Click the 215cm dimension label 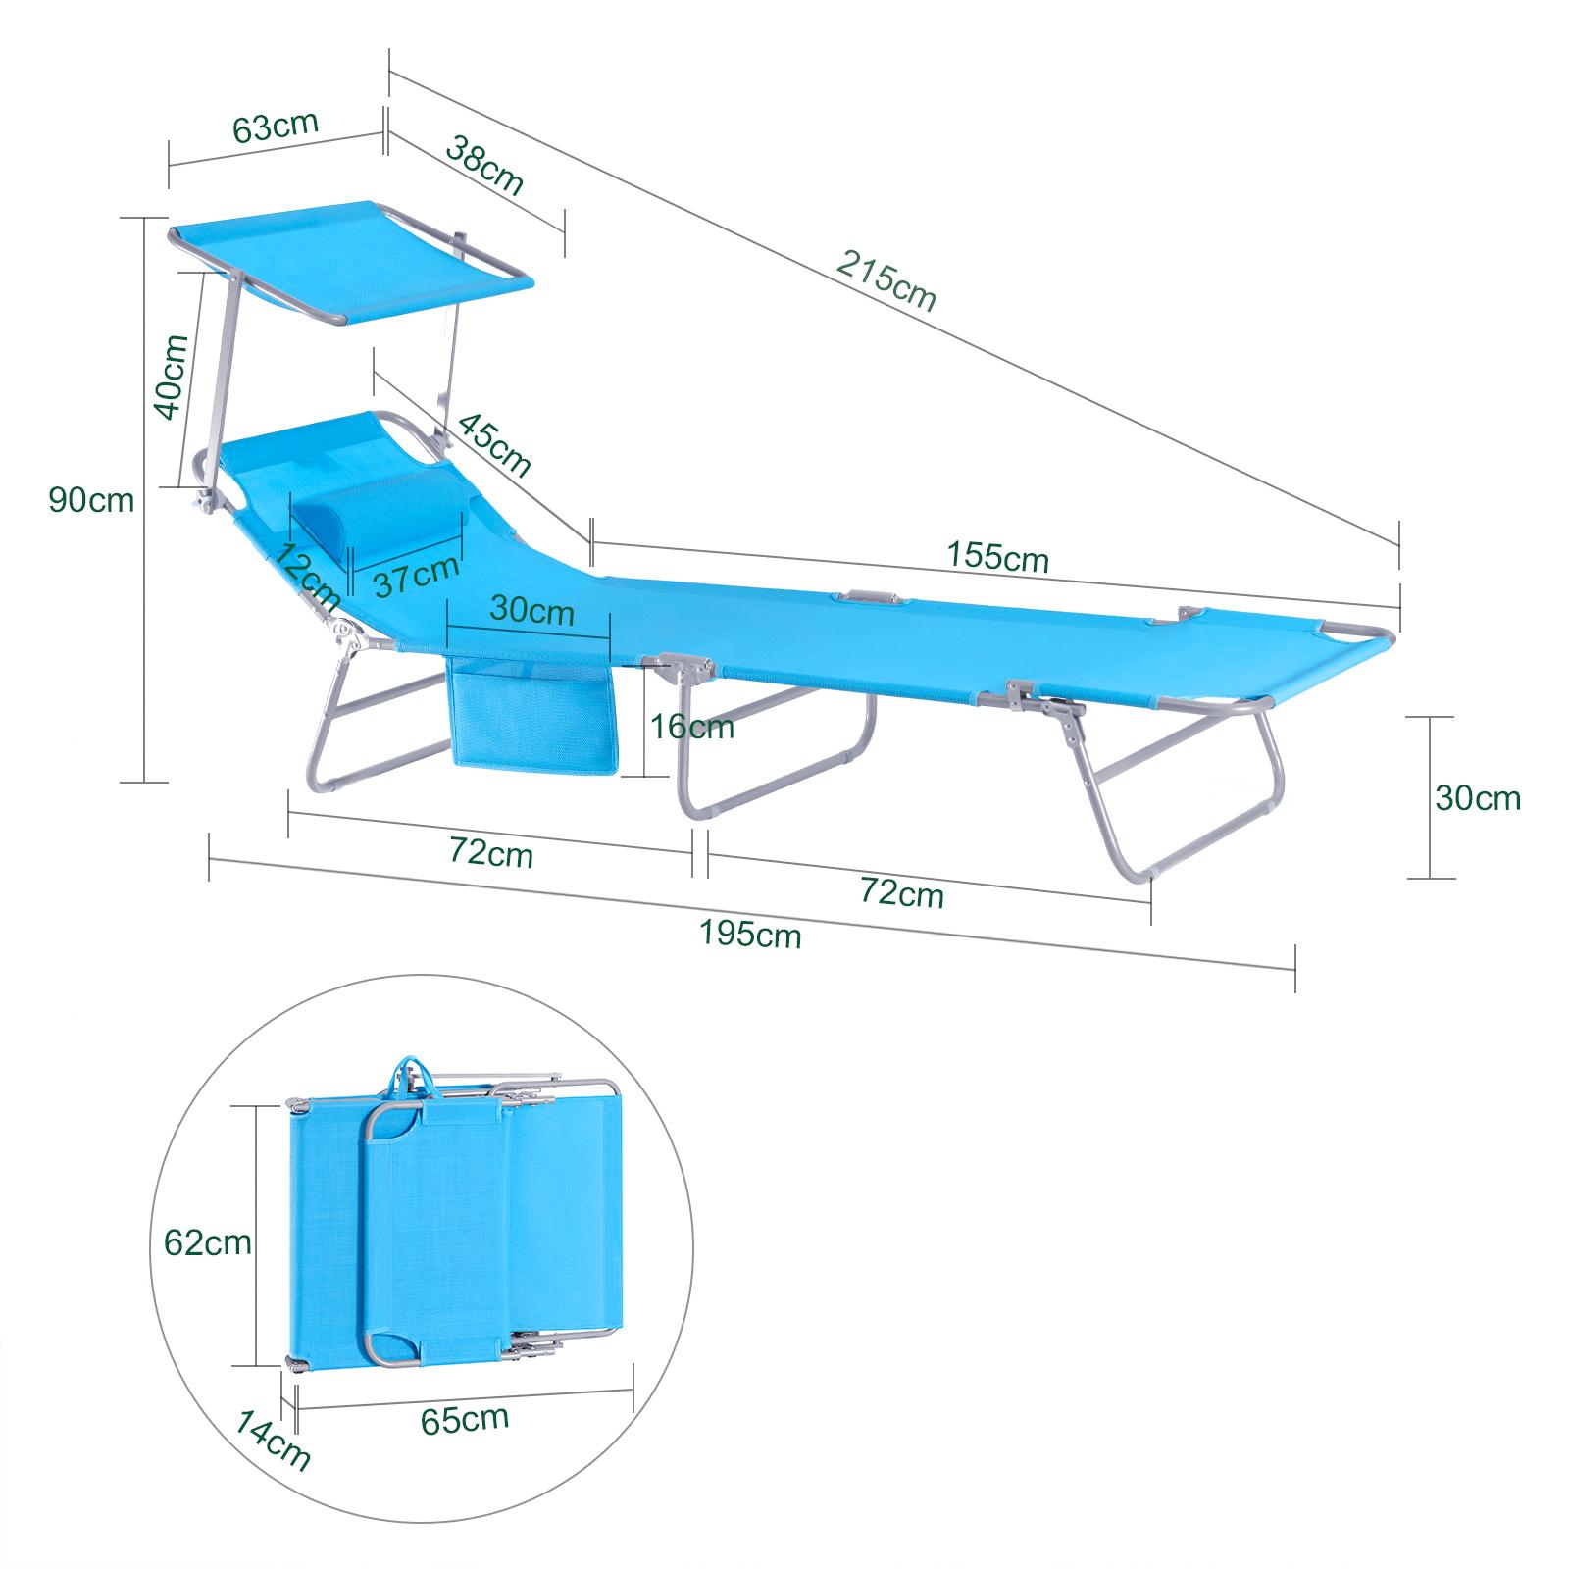(886, 280)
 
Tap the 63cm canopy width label (276, 127)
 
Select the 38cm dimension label (484, 165)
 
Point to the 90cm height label (91, 500)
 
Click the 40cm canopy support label (172, 378)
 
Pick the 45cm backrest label (494, 445)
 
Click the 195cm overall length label (750, 935)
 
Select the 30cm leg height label (1478, 798)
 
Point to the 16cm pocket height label (690, 727)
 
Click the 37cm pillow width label (416, 576)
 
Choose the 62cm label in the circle (207, 1243)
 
